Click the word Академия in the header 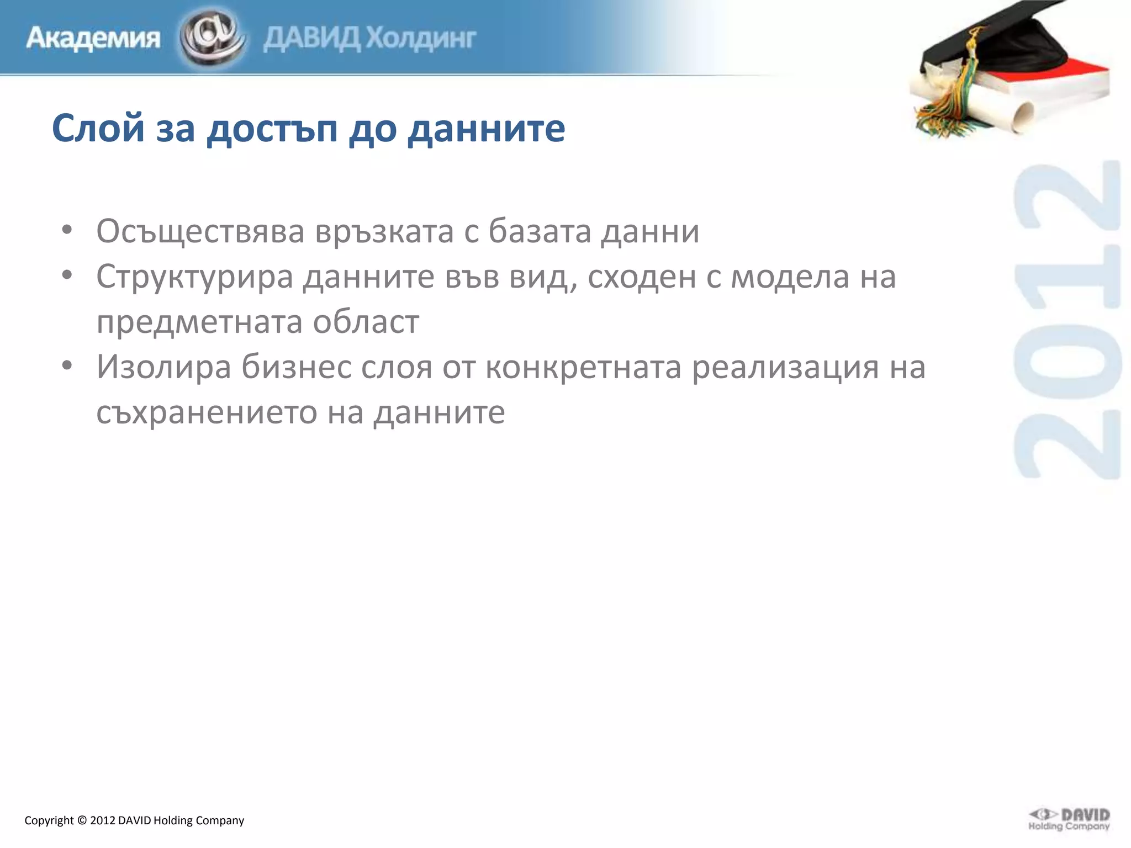(x=93, y=39)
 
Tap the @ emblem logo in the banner (x=213, y=38)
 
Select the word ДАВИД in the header (x=312, y=39)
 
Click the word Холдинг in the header (x=421, y=39)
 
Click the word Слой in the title (x=98, y=128)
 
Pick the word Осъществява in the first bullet (x=200, y=231)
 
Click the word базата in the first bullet (x=540, y=231)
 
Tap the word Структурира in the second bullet (x=194, y=277)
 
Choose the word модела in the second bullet (x=790, y=277)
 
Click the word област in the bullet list (x=366, y=322)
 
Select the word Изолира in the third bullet (x=163, y=367)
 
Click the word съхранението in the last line (x=207, y=412)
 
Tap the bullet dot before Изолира (x=67, y=365)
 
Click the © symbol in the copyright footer (x=82, y=820)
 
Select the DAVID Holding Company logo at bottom (x=1069, y=819)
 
